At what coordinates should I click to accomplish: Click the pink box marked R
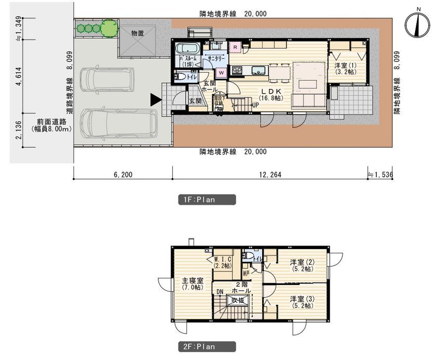pyautogui.click(x=235, y=47)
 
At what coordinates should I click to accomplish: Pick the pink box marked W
pyautogui.click(x=221, y=72)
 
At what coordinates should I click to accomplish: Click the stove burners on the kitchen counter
pyautogui.click(x=237, y=70)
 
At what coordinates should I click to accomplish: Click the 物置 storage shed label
pyautogui.click(x=138, y=33)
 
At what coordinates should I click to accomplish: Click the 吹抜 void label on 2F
pyautogui.click(x=238, y=300)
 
